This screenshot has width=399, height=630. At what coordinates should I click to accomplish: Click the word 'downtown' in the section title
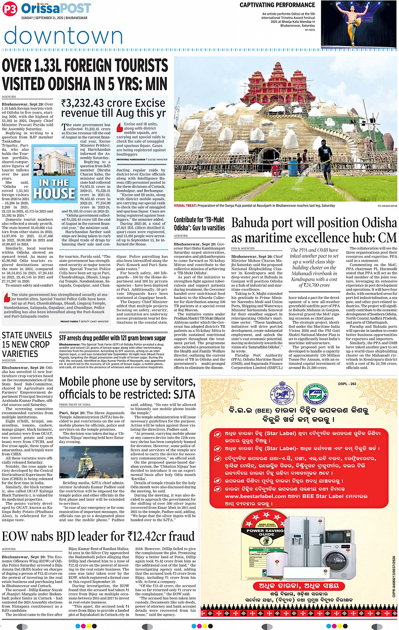pos(63,36)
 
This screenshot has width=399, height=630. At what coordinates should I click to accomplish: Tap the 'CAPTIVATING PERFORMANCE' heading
pos(277,5)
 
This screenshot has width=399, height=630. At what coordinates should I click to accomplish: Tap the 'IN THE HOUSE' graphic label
pos(54,189)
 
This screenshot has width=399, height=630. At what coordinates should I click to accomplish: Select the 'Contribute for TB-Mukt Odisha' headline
pos(199,224)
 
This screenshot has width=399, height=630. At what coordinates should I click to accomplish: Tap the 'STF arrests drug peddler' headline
pos(112,338)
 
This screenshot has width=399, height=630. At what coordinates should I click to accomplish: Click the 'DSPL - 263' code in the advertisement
pos(347,384)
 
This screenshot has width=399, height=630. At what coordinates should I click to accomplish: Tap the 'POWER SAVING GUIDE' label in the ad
pos(266,532)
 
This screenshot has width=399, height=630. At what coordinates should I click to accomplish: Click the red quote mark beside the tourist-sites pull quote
pos(7,298)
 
